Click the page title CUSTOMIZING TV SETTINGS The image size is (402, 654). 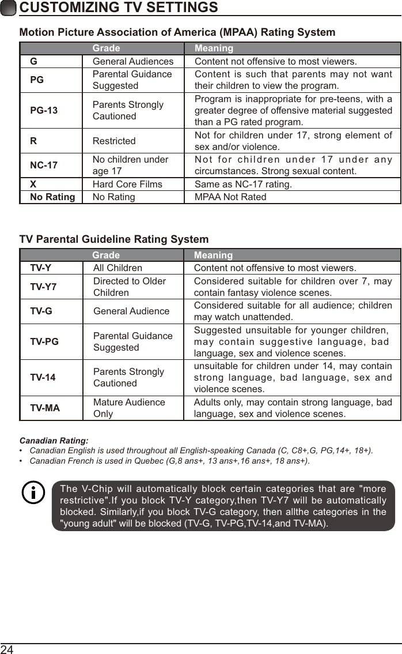point(119,7)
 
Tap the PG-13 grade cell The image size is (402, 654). point(44,110)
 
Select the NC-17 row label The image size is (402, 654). point(44,166)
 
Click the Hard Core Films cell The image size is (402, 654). point(127,185)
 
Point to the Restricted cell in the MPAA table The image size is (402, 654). point(114,141)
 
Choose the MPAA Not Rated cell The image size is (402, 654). point(230,197)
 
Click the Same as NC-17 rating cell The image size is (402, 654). point(243,185)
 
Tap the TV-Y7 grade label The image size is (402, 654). point(43,287)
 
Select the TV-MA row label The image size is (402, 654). point(45,408)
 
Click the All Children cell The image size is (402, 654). point(117,268)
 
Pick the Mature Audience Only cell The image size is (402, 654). point(129,408)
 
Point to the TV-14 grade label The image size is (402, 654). point(43,378)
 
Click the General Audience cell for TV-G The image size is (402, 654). point(131,311)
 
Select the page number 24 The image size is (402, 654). point(7,649)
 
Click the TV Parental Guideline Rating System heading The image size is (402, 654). point(114,239)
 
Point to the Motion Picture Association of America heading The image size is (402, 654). point(177,32)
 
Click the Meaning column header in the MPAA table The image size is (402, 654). point(214,48)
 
